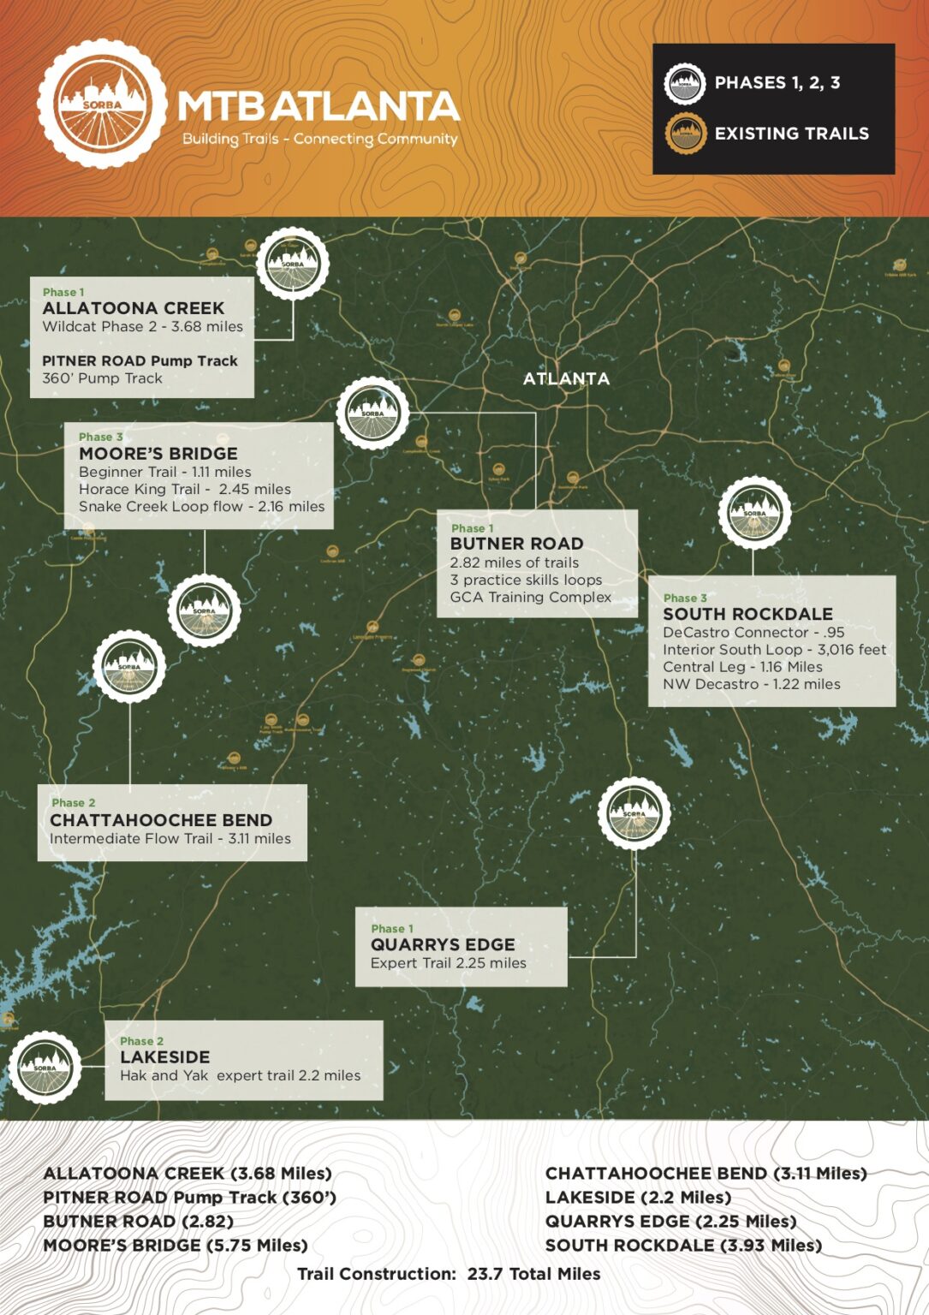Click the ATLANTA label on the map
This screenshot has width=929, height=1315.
coord(566,378)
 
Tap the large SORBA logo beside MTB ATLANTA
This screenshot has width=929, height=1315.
coord(102,104)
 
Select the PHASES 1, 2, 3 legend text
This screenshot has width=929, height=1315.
coord(777,83)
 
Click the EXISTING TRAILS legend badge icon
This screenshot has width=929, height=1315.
coord(685,134)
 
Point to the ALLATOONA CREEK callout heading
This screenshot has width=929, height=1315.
coord(134,308)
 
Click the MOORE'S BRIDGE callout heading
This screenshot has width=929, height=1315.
coord(158,454)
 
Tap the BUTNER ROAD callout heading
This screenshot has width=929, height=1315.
coord(516,544)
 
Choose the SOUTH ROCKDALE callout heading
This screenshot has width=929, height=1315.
coord(747,614)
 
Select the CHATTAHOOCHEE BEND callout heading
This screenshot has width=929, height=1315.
coord(161,820)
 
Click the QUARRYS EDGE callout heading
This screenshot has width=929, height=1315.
coord(443,944)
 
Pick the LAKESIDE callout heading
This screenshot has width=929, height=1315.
coord(165,1057)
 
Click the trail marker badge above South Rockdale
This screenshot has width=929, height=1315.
coord(754,513)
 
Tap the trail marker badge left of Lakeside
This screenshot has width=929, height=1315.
coord(45,1068)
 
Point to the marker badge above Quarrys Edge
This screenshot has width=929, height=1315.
coord(634,813)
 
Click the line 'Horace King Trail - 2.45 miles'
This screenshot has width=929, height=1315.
coord(185,490)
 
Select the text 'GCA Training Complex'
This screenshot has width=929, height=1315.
coord(531,598)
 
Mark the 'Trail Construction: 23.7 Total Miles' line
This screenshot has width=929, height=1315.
coord(449,1274)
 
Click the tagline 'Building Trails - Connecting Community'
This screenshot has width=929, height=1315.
coord(319,140)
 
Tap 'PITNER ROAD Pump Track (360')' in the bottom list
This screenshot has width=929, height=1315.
coord(189,1198)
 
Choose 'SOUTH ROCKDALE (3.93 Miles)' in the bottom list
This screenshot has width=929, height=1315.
coord(683,1246)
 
